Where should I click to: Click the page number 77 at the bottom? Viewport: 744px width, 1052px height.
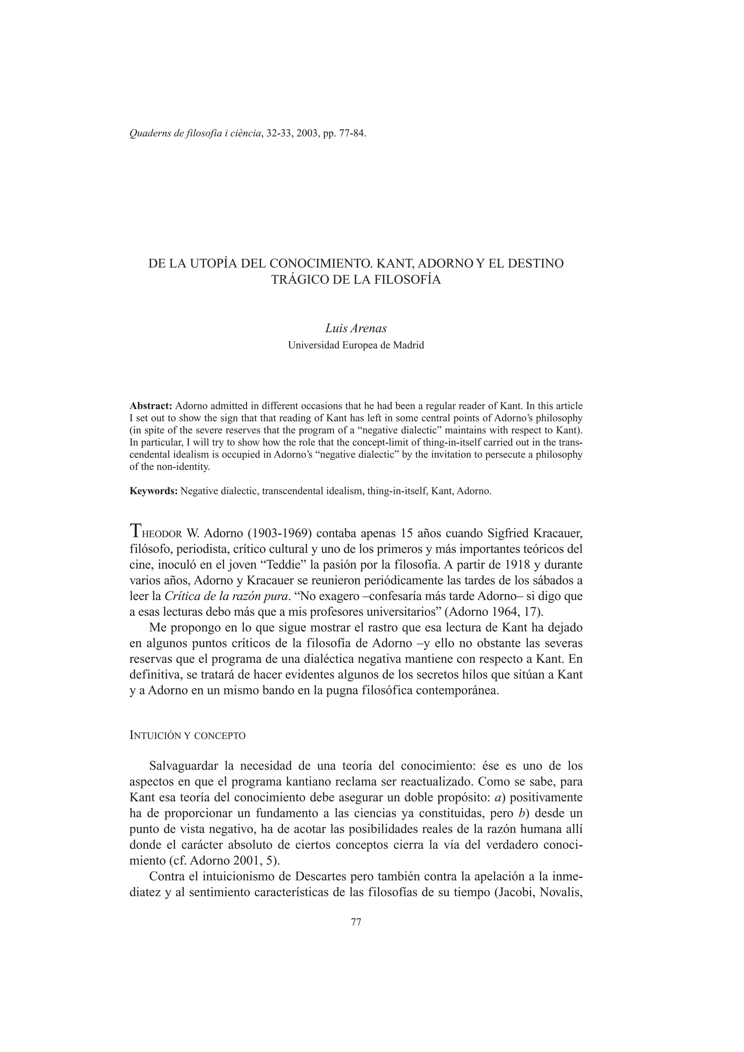356,922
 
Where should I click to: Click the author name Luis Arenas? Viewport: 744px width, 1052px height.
356,328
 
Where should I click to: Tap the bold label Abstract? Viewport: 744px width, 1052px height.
151,406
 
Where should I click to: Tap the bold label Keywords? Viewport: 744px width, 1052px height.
154,491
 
